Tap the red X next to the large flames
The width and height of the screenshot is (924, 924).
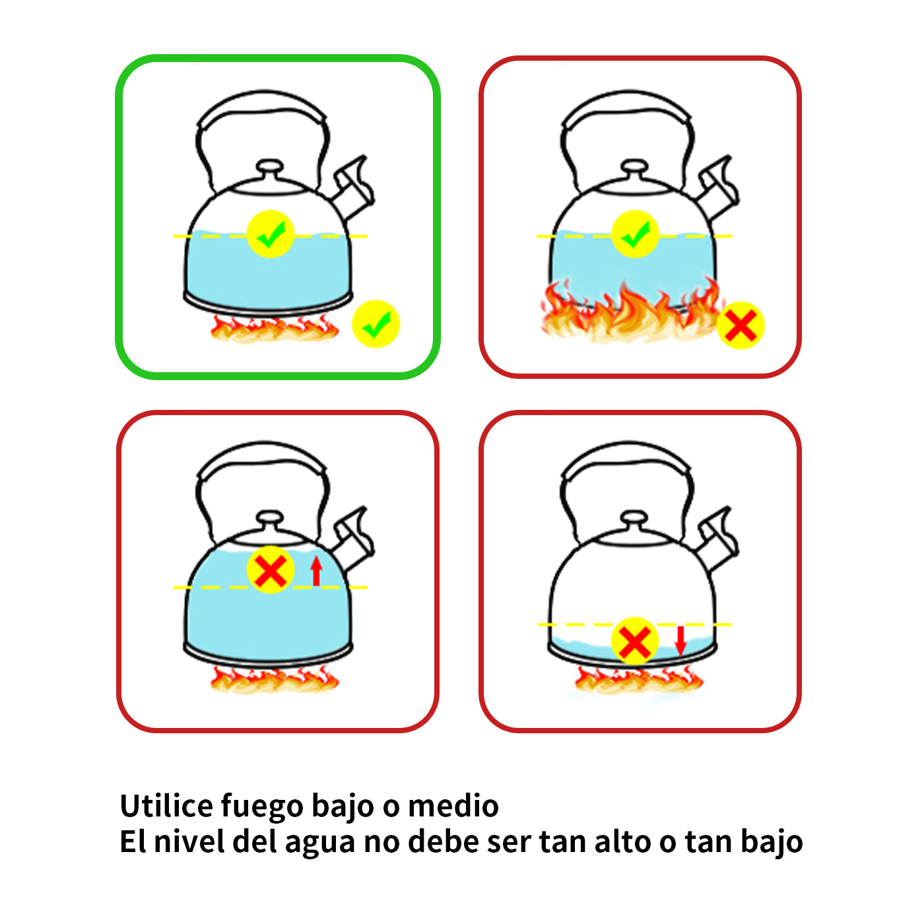pyautogui.click(x=741, y=325)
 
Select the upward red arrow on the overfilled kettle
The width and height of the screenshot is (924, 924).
pyautogui.click(x=316, y=571)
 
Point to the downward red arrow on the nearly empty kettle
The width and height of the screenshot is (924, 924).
pyautogui.click(x=680, y=641)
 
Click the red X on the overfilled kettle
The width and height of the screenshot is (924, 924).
pyautogui.click(x=271, y=570)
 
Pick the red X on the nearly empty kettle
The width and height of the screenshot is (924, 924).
pyautogui.click(x=635, y=641)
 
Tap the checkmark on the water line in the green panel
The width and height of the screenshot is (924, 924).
pyautogui.click(x=271, y=234)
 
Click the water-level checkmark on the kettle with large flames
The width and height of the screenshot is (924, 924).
pyautogui.click(x=636, y=234)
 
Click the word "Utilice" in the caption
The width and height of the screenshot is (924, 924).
pyautogui.click(x=166, y=805)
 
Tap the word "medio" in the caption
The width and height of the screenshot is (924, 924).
pyautogui.click(x=453, y=806)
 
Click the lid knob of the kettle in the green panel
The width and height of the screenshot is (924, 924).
pyautogui.click(x=269, y=169)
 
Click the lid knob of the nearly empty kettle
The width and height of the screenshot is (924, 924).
pyautogui.click(x=634, y=520)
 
